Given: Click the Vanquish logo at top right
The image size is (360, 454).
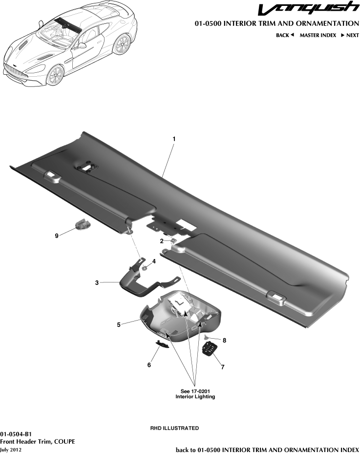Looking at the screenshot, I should point(308,9).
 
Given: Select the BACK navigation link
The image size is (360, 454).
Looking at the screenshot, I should point(285,35).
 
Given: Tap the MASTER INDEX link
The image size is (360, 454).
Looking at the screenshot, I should point(318,35).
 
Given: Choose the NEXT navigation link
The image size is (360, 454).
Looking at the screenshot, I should point(350,35).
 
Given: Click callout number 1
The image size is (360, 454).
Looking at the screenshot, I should point(174,139).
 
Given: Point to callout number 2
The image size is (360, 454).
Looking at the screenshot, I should point(162,241).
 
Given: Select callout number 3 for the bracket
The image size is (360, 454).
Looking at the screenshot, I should point(97,282).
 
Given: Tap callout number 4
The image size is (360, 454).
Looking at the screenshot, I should point(154,261).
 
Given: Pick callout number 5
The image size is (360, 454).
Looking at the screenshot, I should point(119,324).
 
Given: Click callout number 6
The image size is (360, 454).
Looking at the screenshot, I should point(150,365).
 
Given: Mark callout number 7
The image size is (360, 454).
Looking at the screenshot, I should point(223,367).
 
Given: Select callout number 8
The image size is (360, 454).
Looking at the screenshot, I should point(224,340).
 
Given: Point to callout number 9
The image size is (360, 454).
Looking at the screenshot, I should point(57,236).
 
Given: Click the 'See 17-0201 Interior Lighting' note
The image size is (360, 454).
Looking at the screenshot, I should point(195,394).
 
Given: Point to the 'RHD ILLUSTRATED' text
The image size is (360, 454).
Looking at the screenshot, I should point(174,428).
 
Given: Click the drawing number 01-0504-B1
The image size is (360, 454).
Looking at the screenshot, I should point(16,433).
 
